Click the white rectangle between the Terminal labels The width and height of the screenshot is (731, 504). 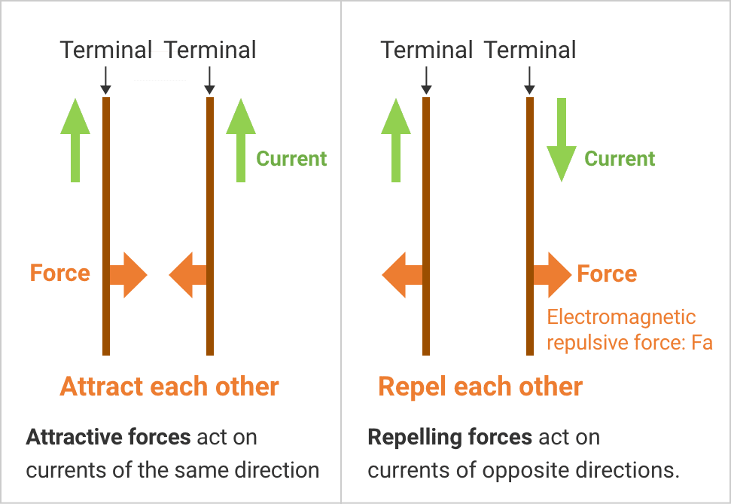(160, 66)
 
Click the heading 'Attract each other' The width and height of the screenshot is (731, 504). (169, 386)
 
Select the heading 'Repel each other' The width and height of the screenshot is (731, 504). (480, 386)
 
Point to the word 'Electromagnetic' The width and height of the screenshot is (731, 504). (621, 317)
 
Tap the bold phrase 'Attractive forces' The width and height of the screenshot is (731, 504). (108, 437)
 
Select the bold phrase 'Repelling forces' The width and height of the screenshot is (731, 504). (449, 437)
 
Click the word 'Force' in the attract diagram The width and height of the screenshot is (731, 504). (60, 273)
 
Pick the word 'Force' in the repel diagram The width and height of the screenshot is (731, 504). (607, 273)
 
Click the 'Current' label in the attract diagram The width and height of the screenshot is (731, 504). (291, 159)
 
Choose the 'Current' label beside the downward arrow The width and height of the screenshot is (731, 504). (620, 159)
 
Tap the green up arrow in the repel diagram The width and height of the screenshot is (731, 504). (396, 141)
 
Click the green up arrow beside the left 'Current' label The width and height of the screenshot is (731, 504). (241, 141)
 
